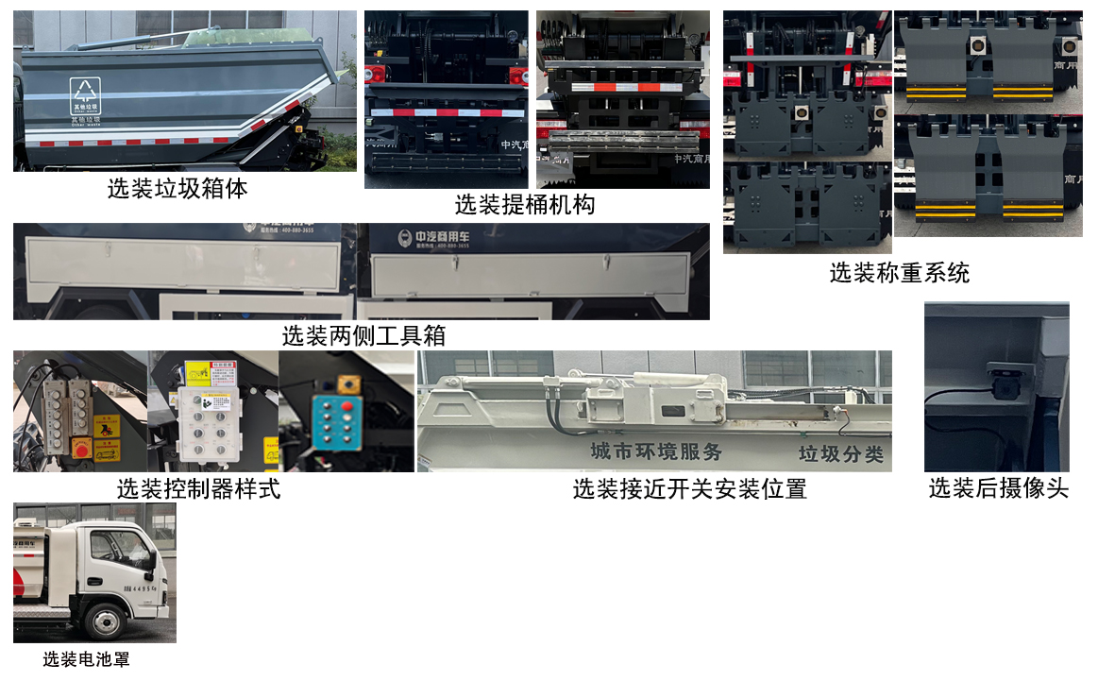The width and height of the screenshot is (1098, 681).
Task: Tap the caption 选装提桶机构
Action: click(x=525, y=204)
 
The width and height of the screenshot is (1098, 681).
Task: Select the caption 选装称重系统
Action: click(x=899, y=274)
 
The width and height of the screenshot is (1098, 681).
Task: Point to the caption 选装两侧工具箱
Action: click(x=363, y=335)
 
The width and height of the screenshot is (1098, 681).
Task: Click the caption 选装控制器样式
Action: click(x=198, y=489)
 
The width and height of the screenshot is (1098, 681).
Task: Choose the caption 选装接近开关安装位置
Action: click(x=689, y=489)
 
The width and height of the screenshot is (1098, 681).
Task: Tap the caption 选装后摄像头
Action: click(x=998, y=488)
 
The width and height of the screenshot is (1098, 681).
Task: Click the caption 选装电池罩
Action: click(x=86, y=659)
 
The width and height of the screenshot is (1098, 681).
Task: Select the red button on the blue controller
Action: click(x=346, y=405)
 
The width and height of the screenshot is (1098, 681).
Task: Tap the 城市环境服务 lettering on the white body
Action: click(x=655, y=451)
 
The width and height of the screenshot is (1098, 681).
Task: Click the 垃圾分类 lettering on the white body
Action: click(x=840, y=454)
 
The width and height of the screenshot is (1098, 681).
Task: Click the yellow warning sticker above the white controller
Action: click(x=198, y=371)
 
